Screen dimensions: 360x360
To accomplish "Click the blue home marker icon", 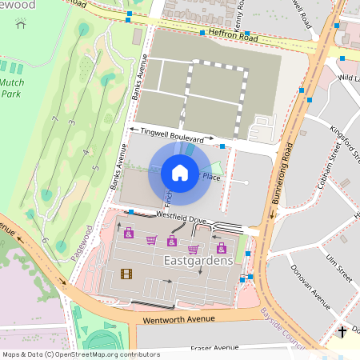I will point(180,173).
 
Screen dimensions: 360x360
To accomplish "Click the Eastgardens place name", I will point(198,261).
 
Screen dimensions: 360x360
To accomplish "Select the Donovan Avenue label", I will point(310,286).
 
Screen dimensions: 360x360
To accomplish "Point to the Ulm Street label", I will point(339,263).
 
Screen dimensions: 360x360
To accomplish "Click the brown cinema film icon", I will point(126,274).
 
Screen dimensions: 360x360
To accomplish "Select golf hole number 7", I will point(55,119).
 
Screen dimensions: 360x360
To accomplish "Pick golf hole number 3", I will point(71,122).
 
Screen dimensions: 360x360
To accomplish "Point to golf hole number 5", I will point(95,167).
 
